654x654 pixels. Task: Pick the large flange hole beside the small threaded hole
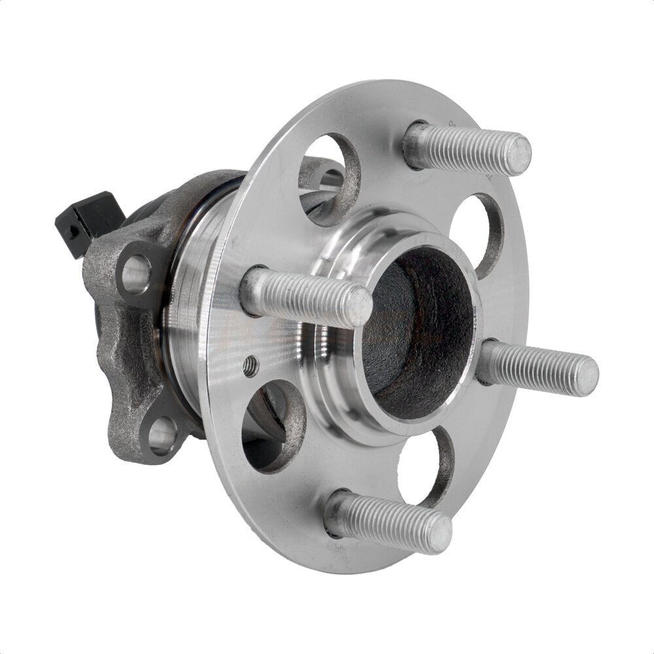pyautogui.click(x=271, y=425)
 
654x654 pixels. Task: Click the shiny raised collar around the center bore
pyautogui.click(x=340, y=366)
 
